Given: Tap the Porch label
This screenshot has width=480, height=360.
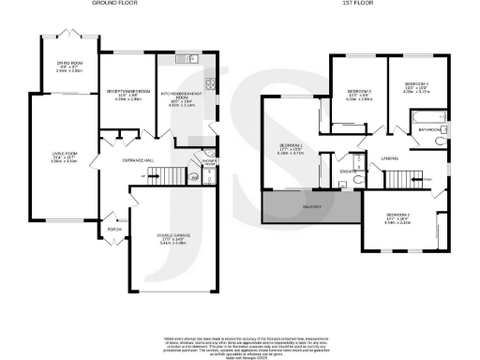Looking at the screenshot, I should pos(116,228).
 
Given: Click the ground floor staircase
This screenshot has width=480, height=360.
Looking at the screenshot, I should pos(160,175).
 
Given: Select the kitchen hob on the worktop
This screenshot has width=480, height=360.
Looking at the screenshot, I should pos(210,82).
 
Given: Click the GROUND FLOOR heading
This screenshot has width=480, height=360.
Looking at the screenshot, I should pos(115,5).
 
